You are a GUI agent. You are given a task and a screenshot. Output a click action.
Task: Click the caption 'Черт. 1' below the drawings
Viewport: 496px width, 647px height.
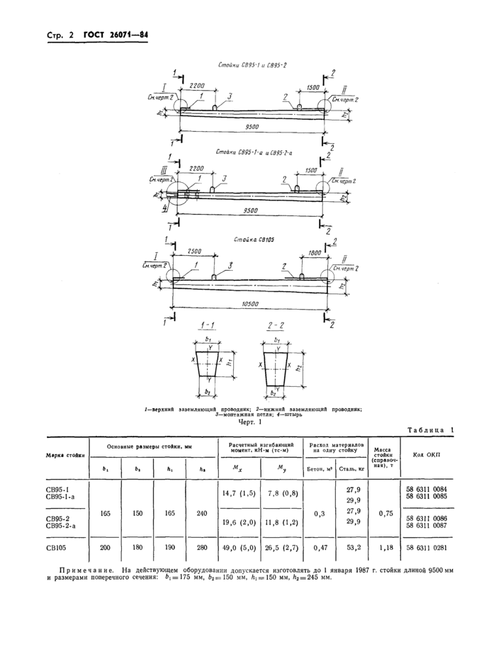(x=250, y=423)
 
